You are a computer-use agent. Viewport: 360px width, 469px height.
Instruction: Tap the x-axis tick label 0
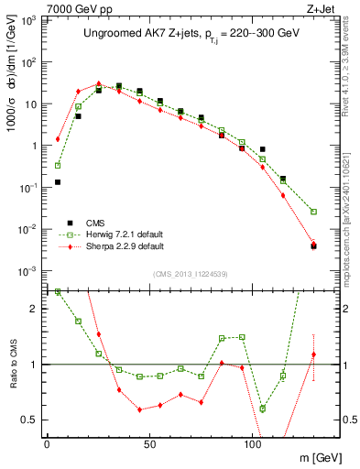click(47, 443)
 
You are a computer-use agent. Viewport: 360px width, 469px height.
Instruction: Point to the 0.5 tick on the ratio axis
click(32, 420)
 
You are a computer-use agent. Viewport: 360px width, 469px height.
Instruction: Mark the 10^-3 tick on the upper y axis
click(30, 270)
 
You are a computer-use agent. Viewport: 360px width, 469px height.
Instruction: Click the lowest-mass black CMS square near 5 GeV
click(58, 182)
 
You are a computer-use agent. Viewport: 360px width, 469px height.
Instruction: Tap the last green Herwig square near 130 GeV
click(313, 212)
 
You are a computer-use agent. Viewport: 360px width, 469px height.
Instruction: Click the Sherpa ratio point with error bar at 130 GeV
click(313, 354)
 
